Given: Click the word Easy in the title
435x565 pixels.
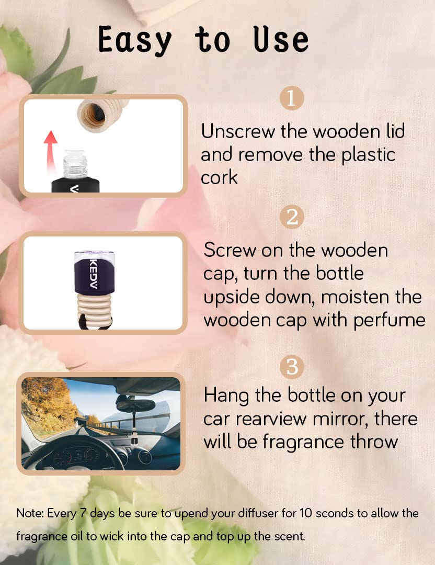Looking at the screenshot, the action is click(135, 40).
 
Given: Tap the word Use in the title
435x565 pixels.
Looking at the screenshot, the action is click(281, 39).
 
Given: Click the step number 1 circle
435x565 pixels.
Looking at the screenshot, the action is click(292, 98).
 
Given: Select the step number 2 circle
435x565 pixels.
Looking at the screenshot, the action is click(292, 217).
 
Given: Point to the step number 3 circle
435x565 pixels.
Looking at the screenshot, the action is click(292, 367).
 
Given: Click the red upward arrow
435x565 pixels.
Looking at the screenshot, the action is click(50, 151).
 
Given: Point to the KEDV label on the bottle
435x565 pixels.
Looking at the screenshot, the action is click(93, 274).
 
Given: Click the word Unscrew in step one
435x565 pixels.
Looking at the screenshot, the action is click(238, 131).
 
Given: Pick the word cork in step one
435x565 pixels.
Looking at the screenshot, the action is click(219, 177).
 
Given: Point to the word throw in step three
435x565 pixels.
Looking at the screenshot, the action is click(374, 442).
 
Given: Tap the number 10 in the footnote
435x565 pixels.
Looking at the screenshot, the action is click(306, 513).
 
